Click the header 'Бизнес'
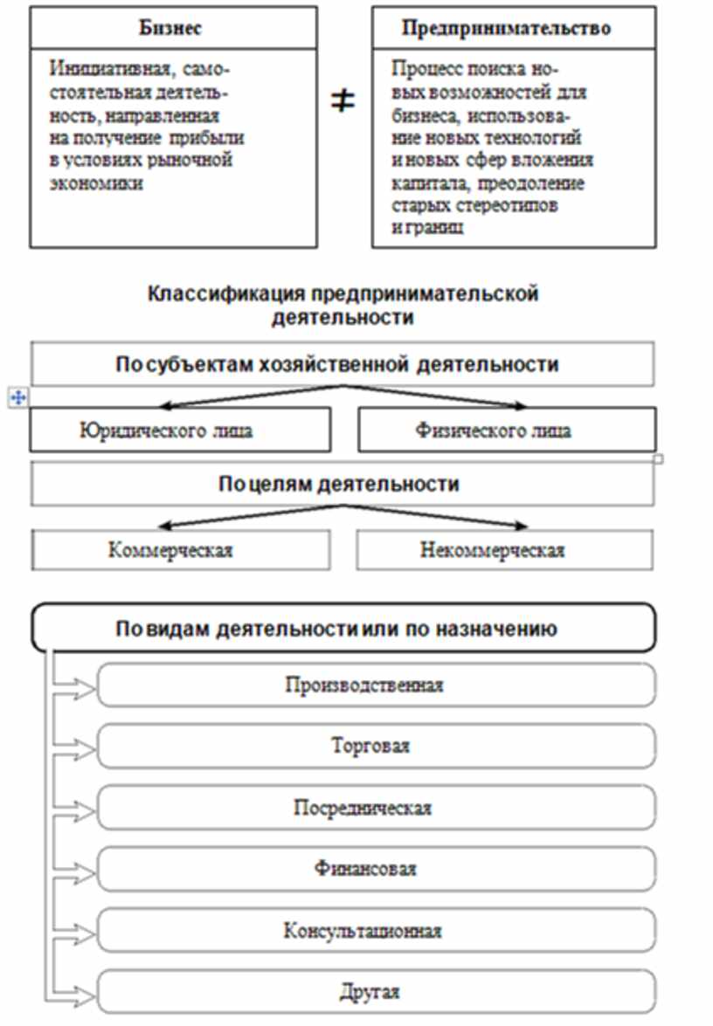coord(171,28)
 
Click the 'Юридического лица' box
coord(181,430)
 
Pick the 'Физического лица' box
coord(507,430)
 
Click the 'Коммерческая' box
coord(181,550)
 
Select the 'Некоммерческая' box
coord(504,550)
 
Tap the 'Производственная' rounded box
coord(376,685)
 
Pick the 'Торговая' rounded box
coord(376,747)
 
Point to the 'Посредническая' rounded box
coord(376,808)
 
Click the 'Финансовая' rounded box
coord(376,869)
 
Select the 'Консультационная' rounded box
coord(376,931)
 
